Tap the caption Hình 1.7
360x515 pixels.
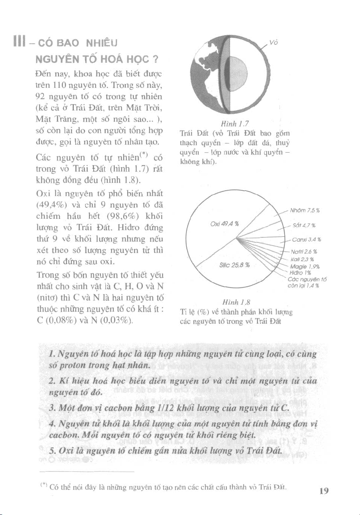point(229,124)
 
